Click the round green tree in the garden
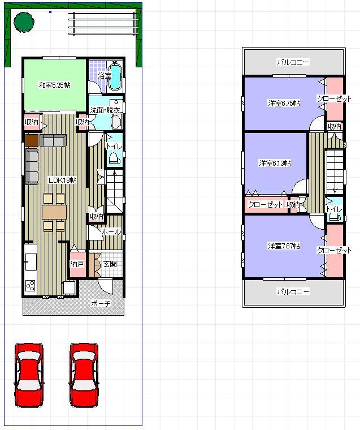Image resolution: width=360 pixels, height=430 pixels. (x=24, y=22)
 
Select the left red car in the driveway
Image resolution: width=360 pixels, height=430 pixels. (x=28, y=374)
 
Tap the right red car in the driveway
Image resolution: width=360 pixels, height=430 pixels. (x=84, y=374)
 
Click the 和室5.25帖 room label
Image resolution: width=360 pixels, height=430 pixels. (x=54, y=85)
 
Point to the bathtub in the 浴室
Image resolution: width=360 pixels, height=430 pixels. (x=115, y=78)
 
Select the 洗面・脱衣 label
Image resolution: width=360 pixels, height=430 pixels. (x=105, y=110)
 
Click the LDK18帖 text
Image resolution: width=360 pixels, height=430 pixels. (x=62, y=180)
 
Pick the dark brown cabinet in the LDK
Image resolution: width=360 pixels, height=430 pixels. (x=32, y=140)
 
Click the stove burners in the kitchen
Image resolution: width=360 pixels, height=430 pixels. (x=30, y=285)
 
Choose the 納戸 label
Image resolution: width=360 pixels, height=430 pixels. (x=77, y=264)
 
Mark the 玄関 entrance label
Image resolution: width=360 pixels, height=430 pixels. (x=110, y=264)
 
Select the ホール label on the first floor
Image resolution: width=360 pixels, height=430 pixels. (x=110, y=232)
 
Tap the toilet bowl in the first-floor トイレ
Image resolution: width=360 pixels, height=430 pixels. (x=114, y=158)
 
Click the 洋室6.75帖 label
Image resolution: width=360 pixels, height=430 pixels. (x=284, y=103)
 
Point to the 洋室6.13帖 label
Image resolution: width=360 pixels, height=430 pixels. (x=275, y=163)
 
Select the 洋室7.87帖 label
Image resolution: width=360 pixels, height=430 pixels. (x=284, y=246)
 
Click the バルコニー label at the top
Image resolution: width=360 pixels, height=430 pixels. (x=293, y=62)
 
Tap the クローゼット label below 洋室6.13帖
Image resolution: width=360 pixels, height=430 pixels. (x=265, y=204)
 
